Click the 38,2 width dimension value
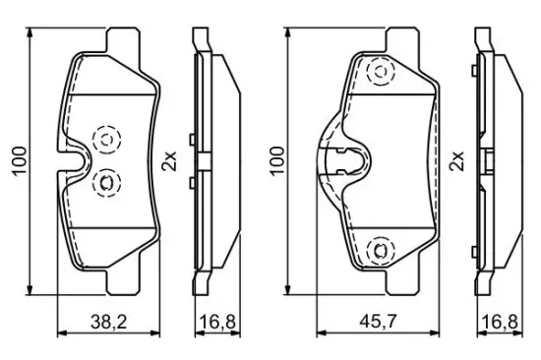[x=109, y=322]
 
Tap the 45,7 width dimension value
[x=378, y=322]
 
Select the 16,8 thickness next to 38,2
[x=217, y=322]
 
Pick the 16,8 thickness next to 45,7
[x=500, y=322]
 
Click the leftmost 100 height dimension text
[x=20, y=161]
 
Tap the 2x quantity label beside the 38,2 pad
[x=169, y=161]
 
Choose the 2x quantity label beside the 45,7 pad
[x=457, y=161]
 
